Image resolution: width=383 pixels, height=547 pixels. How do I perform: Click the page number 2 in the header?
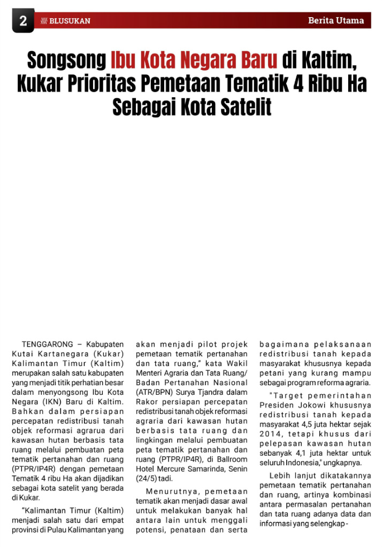coord(23,21)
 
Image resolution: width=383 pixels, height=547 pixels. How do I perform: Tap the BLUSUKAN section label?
coord(70,21)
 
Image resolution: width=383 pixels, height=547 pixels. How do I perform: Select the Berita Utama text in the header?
coord(336,21)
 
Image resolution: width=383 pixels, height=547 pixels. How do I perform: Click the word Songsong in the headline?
coord(66,60)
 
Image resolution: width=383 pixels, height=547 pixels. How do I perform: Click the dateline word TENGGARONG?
coord(47,345)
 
